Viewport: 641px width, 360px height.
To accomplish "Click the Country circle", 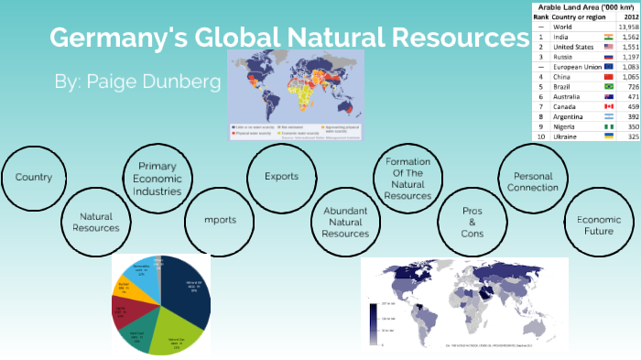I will tap(34, 177).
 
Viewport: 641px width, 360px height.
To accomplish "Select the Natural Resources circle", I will tap(96, 221).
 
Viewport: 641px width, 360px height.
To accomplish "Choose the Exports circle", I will tap(280, 176).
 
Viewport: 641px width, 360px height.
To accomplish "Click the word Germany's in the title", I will tap(114, 38).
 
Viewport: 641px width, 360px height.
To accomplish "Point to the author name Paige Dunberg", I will tap(138, 82).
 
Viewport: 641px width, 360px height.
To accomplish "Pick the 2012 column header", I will tap(628, 16).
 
